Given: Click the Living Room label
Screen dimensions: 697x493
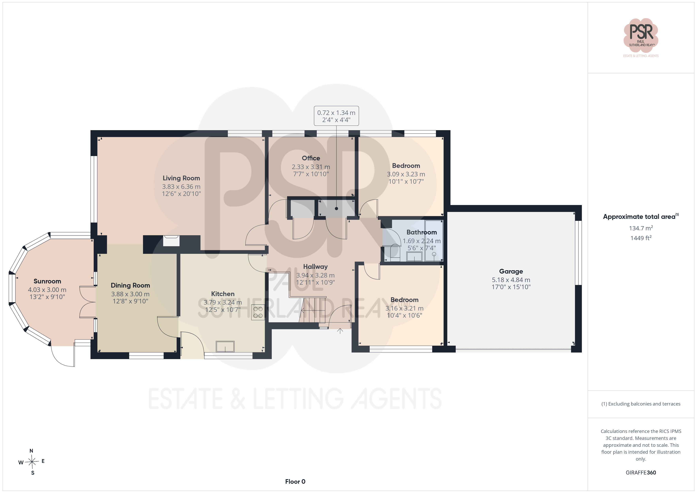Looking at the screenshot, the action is coord(181,178).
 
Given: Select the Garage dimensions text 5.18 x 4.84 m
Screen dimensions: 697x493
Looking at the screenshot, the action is coord(511,280).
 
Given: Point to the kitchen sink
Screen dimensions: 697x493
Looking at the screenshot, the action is coord(225,346).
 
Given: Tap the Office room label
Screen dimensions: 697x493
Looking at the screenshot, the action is coord(311,158).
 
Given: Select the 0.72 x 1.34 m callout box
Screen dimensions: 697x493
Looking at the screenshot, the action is coord(336,116).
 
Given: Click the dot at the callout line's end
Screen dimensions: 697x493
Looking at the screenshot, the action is coord(336,209).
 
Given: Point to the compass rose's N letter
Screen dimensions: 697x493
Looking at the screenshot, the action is coord(31,451).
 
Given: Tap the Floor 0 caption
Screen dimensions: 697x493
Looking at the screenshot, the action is coord(295,482).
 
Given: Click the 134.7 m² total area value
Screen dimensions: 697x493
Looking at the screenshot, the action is coord(641,228).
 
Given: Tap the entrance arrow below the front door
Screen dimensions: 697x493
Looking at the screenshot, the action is coord(340,331).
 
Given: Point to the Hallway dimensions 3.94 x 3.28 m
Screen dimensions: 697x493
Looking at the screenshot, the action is coord(316,275).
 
